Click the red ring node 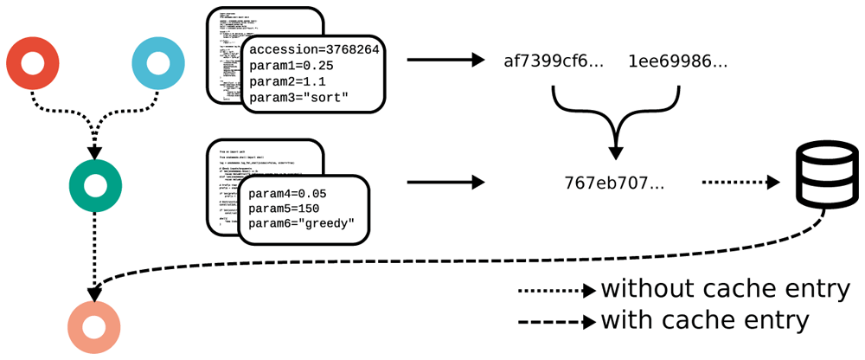[x=32, y=63]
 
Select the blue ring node [x=157, y=63]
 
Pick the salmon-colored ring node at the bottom [x=94, y=326]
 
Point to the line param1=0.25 [x=289, y=66]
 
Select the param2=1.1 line [x=285, y=82]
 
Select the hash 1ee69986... [x=677, y=61]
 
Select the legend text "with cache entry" [x=705, y=319]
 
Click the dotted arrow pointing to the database [x=740, y=183]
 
